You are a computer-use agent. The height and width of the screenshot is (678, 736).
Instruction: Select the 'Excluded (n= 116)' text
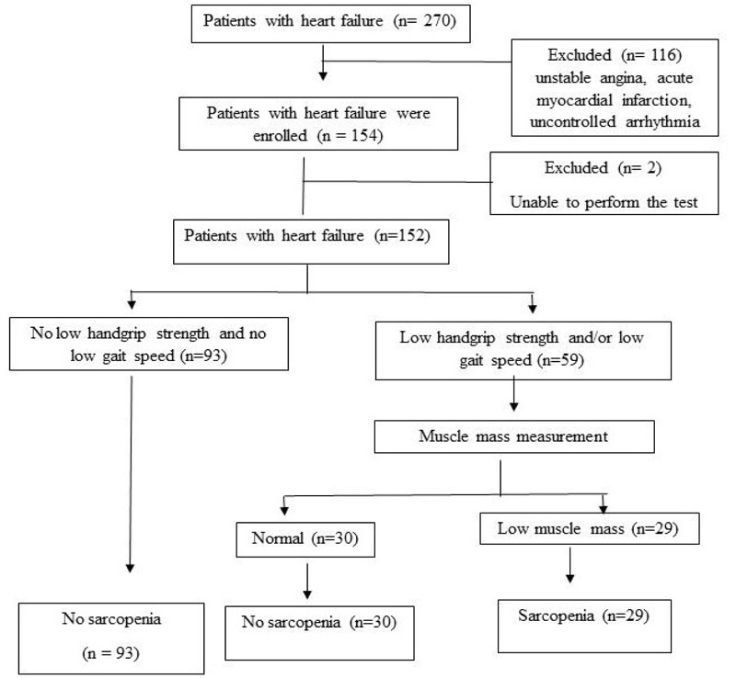[615, 55]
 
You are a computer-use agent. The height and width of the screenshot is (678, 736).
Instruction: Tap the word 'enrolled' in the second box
[280, 135]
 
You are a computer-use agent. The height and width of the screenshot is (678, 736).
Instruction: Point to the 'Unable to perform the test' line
[604, 202]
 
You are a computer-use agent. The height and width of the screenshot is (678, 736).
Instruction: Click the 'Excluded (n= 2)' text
[603, 167]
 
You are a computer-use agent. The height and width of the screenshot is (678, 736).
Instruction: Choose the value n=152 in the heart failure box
[403, 235]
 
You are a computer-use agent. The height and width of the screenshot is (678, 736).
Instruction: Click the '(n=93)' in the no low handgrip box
[203, 356]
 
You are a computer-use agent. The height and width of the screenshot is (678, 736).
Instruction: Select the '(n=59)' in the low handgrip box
[560, 360]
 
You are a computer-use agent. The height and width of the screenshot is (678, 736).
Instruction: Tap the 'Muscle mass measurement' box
[514, 436]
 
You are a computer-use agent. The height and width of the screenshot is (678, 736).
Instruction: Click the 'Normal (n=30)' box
[305, 539]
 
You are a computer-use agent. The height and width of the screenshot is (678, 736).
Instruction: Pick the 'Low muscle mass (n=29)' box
[590, 528]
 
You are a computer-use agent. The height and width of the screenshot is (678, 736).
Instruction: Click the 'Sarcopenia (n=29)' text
[583, 616]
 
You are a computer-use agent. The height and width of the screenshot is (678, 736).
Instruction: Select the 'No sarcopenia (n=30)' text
[319, 622]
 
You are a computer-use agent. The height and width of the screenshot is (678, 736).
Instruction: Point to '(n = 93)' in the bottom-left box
[110, 652]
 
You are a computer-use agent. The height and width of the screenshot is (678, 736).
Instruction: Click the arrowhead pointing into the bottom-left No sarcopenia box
[130, 569]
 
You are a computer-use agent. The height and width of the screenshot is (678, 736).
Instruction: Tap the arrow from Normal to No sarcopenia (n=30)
[307, 581]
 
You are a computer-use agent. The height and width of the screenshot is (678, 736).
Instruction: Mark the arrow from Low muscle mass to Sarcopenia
[569, 565]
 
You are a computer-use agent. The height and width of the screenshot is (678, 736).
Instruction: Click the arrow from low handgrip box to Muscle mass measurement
[514, 394]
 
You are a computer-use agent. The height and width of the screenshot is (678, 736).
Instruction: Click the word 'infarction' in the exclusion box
[656, 100]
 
